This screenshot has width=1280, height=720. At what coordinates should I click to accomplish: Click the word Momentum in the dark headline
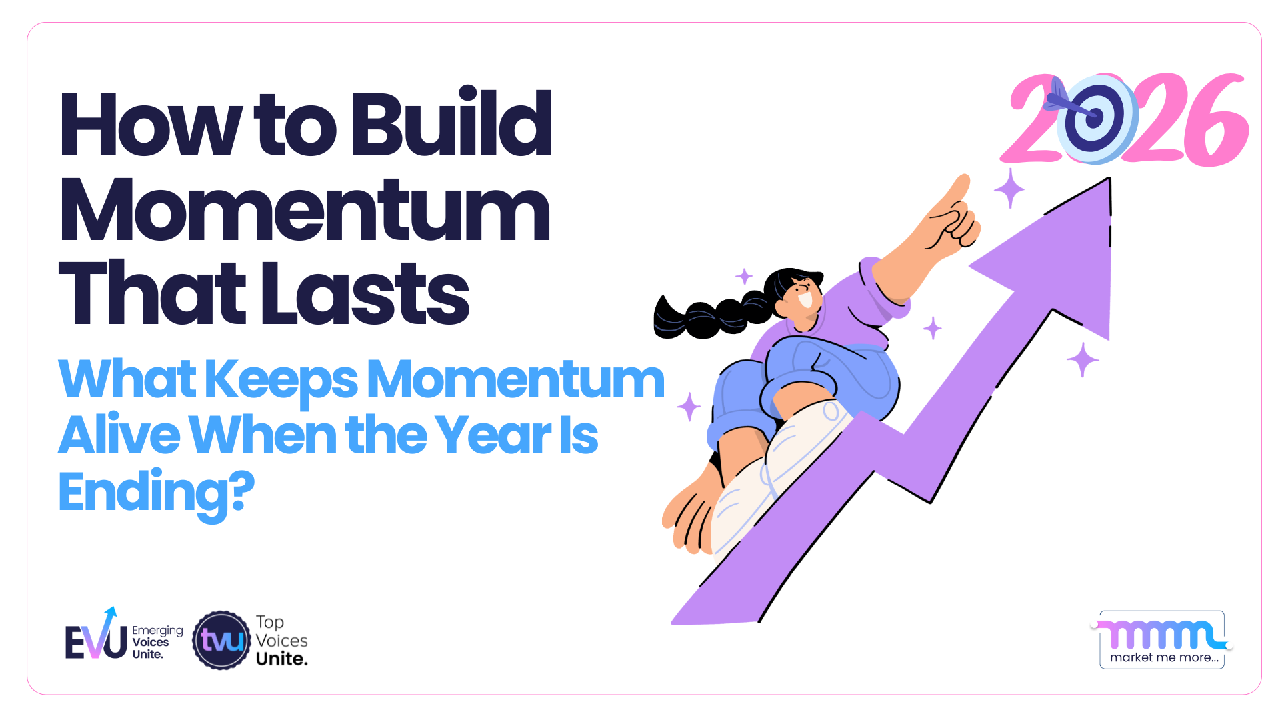tap(305, 210)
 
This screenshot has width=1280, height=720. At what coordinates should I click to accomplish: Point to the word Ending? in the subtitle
tap(156, 492)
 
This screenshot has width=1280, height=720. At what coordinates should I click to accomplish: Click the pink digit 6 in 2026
tap(1213, 120)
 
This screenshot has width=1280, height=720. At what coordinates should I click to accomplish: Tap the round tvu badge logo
tap(221, 641)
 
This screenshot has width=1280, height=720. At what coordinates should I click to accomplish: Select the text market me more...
tap(1163, 657)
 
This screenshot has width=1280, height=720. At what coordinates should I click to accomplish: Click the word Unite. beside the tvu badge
tap(281, 659)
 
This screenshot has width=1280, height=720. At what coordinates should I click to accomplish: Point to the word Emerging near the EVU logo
tap(157, 631)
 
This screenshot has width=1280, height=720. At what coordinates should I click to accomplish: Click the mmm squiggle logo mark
tap(1161, 634)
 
